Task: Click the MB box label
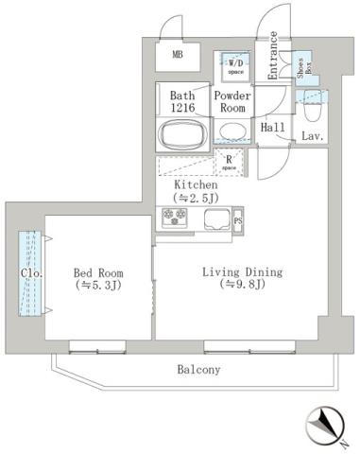coord(177,55)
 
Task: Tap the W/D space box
coord(233,66)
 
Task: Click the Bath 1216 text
coord(182,102)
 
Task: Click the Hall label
coord(273,128)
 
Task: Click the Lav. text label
coord(313,138)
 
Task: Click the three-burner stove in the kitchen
coord(177,219)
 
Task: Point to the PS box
coord(237,221)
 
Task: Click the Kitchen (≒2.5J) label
coord(196,192)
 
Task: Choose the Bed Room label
coord(98,277)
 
